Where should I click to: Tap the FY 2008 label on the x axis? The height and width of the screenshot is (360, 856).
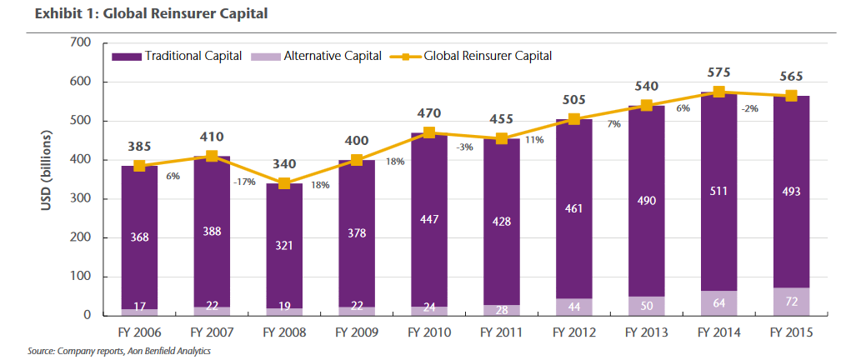click(x=283, y=332)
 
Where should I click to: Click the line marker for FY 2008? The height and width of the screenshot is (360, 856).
click(x=283, y=183)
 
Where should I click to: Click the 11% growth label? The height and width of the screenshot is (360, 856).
click(x=534, y=140)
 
